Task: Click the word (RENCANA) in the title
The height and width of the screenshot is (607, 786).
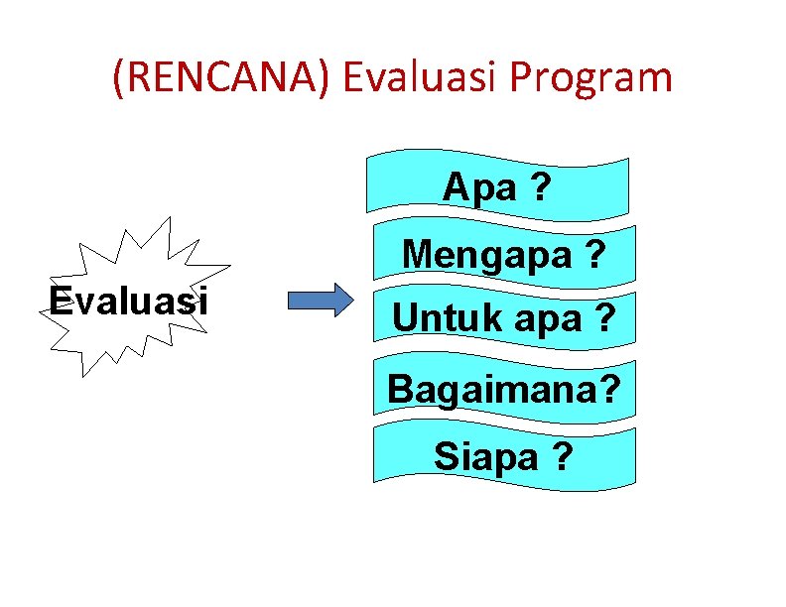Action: [224, 78]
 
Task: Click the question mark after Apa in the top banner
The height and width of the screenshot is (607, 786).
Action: [539, 185]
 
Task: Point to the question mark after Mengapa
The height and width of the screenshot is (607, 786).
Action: [594, 256]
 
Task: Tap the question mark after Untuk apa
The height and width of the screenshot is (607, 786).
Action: [602, 317]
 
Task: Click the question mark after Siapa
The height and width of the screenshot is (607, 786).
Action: [562, 456]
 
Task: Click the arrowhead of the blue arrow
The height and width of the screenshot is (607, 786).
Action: [340, 300]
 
